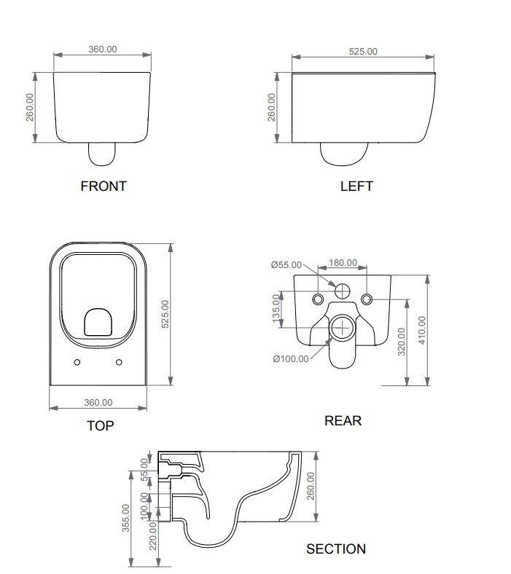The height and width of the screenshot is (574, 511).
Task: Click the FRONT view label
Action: click(103, 186)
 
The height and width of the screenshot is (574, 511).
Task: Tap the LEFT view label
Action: click(356, 186)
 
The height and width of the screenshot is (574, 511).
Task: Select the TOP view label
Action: click(100, 425)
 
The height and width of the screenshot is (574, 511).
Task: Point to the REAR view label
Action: click(343, 420)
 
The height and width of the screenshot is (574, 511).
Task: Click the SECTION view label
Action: click(336, 549)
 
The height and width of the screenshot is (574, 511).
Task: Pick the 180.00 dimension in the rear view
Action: click(343, 263)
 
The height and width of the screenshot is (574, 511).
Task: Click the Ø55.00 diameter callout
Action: click(286, 265)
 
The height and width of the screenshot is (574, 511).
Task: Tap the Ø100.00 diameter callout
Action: click(290, 358)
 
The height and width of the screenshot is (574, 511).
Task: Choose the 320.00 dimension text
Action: click(401, 342)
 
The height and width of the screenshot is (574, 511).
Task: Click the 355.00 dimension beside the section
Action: click(125, 518)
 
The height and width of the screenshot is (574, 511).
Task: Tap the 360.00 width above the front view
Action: click(103, 50)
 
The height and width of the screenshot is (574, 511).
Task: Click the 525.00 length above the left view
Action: click(362, 51)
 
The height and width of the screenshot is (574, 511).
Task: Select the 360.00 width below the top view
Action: click(98, 402)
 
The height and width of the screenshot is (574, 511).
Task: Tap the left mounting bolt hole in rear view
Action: click(318, 299)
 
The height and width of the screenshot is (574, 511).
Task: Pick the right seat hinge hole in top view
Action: click(119, 362)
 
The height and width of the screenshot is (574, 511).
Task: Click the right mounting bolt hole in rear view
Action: click(366, 299)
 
